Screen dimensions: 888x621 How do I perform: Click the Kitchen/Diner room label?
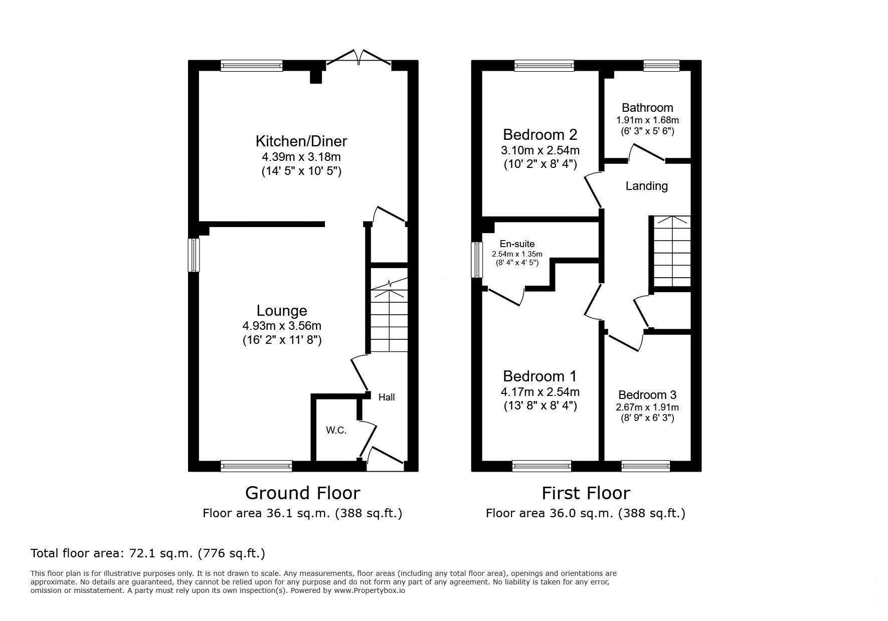301,141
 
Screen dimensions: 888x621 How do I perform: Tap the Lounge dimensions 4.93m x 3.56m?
282,326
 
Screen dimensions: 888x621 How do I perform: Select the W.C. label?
336,431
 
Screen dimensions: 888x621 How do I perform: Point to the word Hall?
387,397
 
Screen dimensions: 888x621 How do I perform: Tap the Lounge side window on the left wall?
194,255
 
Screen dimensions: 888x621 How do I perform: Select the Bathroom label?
647,108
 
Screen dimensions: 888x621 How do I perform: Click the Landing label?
647,186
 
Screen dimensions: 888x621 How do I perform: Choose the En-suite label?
517,244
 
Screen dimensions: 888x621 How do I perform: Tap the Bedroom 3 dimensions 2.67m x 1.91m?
647,407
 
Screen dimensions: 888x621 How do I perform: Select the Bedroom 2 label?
540,134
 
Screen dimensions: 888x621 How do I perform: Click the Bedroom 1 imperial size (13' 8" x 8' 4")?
540,405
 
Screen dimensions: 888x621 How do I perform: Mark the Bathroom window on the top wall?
661,65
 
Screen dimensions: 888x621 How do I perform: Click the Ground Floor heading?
302,493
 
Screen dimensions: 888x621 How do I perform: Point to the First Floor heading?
586,493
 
